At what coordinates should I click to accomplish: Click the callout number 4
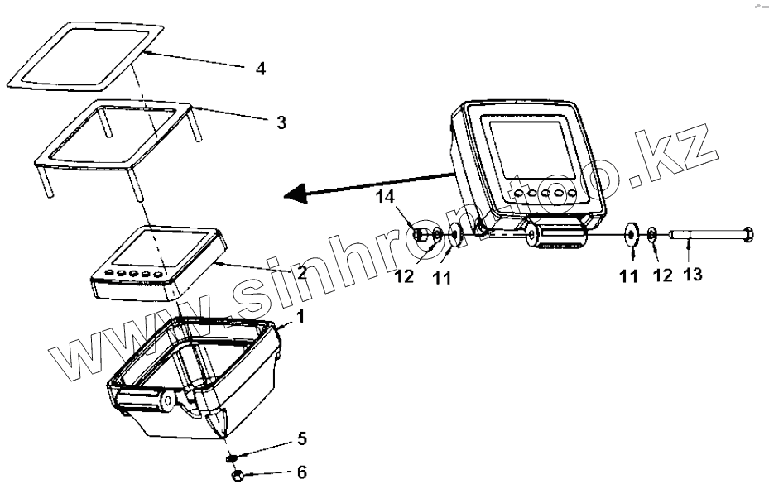pos(260,69)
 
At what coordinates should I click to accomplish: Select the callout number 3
pos(281,122)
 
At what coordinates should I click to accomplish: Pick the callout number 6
pos(301,472)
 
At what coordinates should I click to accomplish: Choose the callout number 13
pos(692,273)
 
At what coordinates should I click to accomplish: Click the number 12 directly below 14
pos(404,277)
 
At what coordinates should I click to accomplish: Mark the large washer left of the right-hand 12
pos(632,236)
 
